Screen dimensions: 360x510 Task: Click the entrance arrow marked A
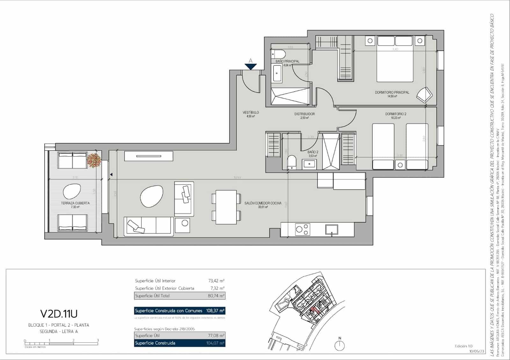251,66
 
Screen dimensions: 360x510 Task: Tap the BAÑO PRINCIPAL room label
288,61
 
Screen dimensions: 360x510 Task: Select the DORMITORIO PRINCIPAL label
392,92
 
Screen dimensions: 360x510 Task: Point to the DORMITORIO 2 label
396,114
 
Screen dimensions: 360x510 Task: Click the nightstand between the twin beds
400,165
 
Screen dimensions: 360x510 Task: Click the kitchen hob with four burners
302,229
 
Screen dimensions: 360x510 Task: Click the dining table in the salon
226,207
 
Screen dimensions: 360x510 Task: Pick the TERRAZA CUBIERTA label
75,203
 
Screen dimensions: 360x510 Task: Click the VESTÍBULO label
251,112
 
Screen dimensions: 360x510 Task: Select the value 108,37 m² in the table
215,311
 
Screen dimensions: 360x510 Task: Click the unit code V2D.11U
59,314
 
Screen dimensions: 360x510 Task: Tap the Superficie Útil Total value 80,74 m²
216,296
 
